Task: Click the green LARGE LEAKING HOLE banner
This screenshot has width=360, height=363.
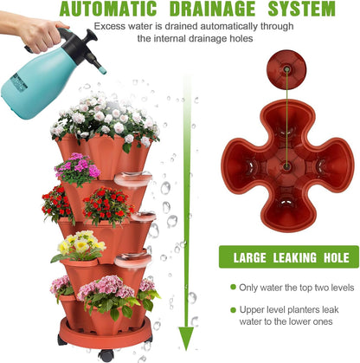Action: [x=288, y=256]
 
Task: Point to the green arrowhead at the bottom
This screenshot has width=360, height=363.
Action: [x=183, y=346]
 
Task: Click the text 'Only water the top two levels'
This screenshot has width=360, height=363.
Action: [x=295, y=287]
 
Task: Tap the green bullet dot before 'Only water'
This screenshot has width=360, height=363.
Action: [x=233, y=287]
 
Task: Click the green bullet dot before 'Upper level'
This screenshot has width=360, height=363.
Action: [x=233, y=310]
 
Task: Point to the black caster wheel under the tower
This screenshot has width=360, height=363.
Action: [x=106, y=354]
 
